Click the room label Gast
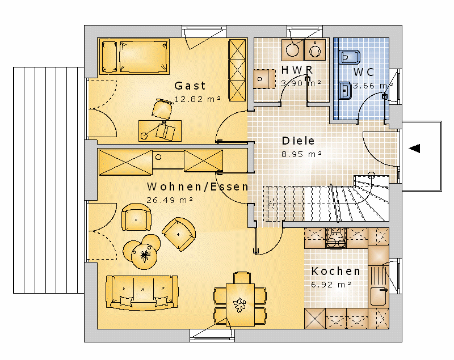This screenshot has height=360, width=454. [x=190, y=86]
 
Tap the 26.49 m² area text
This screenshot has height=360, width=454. [x=170, y=200]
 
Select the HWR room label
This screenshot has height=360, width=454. [x=297, y=70]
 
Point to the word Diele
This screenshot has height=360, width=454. [x=299, y=141]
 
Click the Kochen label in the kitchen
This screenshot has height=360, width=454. [x=336, y=271]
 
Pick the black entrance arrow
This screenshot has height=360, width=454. [x=414, y=149]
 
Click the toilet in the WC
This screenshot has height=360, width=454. [x=350, y=57]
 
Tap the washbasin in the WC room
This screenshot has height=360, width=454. [x=346, y=91]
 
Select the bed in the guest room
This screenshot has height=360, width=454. [x=134, y=56]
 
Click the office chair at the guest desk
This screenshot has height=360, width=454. [x=162, y=109]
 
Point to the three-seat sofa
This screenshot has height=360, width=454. [x=142, y=293]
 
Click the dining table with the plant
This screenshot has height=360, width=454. [x=240, y=305]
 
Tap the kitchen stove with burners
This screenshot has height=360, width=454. [x=336, y=238]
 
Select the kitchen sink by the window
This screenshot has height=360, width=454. [x=379, y=297]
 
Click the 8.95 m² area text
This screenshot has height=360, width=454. [x=302, y=154]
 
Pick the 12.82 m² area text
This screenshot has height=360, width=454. [x=197, y=99]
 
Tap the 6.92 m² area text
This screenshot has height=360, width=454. [x=331, y=285]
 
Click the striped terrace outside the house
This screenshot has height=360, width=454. [x=49, y=180]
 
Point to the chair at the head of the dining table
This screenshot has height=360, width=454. [x=242, y=278]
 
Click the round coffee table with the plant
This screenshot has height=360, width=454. [x=144, y=256]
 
